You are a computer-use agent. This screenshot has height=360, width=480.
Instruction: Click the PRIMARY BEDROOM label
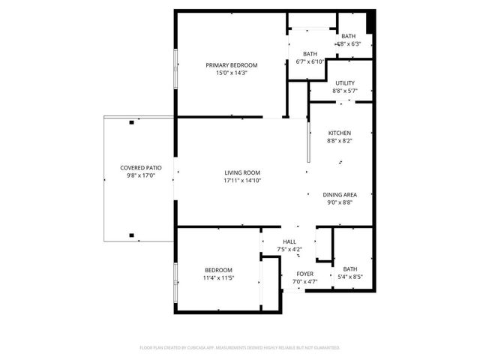(232, 65)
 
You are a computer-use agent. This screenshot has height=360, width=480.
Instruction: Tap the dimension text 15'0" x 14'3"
(232, 73)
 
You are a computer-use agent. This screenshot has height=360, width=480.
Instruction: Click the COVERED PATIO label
(141, 167)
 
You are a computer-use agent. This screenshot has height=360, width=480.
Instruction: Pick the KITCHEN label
(339, 133)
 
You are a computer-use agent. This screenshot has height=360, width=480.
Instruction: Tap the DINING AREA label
(339, 194)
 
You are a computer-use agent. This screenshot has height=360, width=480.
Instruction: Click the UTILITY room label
(345, 83)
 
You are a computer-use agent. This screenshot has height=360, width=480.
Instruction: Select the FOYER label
(304, 274)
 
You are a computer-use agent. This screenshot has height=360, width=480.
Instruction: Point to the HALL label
(289, 241)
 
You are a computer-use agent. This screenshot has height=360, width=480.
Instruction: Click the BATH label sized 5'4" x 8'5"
(350, 268)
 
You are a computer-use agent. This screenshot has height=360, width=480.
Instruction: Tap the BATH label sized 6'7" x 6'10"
(310, 54)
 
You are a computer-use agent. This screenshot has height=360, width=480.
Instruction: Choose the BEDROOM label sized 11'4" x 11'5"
(218, 270)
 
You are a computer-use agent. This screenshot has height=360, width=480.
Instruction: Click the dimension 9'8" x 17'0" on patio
(141, 175)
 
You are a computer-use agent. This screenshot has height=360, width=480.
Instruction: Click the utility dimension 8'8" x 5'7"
(345, 91)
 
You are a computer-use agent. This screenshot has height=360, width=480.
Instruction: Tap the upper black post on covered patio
(131, 121)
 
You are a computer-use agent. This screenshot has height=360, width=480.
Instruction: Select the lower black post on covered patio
(131, 235)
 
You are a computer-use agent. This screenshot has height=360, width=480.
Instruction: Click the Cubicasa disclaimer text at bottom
(240, 348)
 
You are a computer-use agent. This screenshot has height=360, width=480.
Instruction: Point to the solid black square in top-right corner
(370, 20)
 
